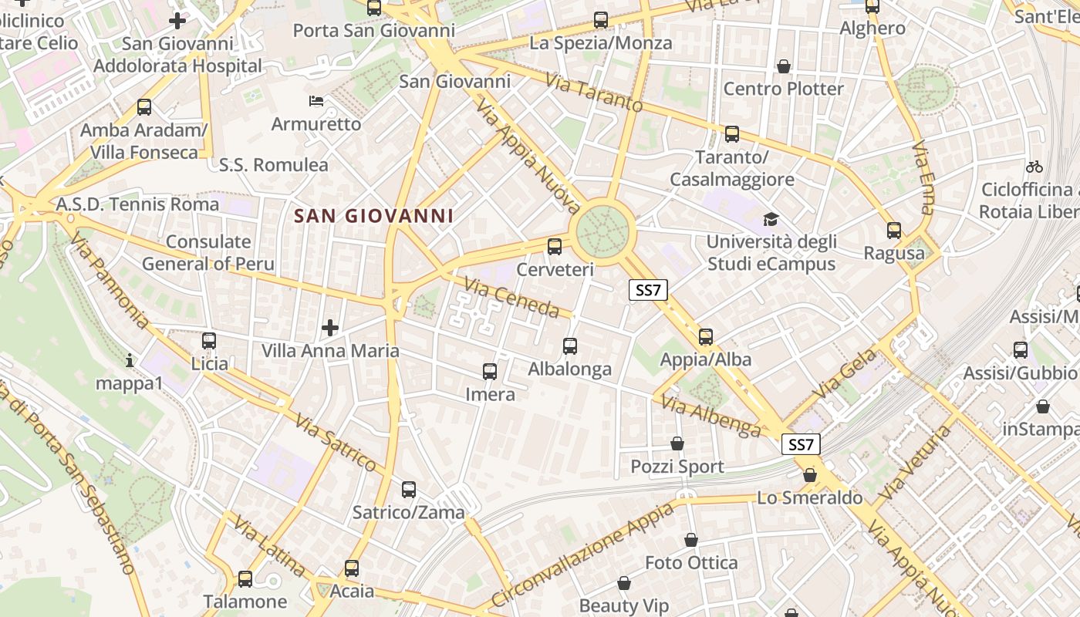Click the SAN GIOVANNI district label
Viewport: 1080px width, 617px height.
point(374,216)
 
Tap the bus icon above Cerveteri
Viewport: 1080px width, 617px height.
point(554,247)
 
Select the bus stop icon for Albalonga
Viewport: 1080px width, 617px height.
point(570,346)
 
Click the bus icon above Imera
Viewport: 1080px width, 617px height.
point(489,372)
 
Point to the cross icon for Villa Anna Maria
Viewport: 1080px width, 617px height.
point(330,328)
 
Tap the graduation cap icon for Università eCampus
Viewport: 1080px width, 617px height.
point(770,220)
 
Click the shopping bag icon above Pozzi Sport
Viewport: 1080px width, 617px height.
point(677,443)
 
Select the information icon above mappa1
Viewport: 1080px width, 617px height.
point(130,360)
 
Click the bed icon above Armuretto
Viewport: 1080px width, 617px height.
point(316,101)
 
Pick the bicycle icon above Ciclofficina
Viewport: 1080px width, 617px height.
point(1034,166)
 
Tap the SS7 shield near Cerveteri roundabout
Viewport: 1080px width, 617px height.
point(648,290)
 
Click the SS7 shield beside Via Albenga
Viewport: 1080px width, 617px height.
point(801,444)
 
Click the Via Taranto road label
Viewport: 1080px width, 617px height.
point(594,93)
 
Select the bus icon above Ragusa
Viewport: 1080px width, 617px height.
point(893,230)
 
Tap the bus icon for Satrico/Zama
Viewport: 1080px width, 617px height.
point(409,489)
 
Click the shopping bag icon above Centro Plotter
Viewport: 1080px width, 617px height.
point(784,66)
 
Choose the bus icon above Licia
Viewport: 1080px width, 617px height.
point(208,340)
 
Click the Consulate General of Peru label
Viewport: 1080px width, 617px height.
point(208,252)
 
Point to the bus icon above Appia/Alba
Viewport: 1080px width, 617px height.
point(705,336)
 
